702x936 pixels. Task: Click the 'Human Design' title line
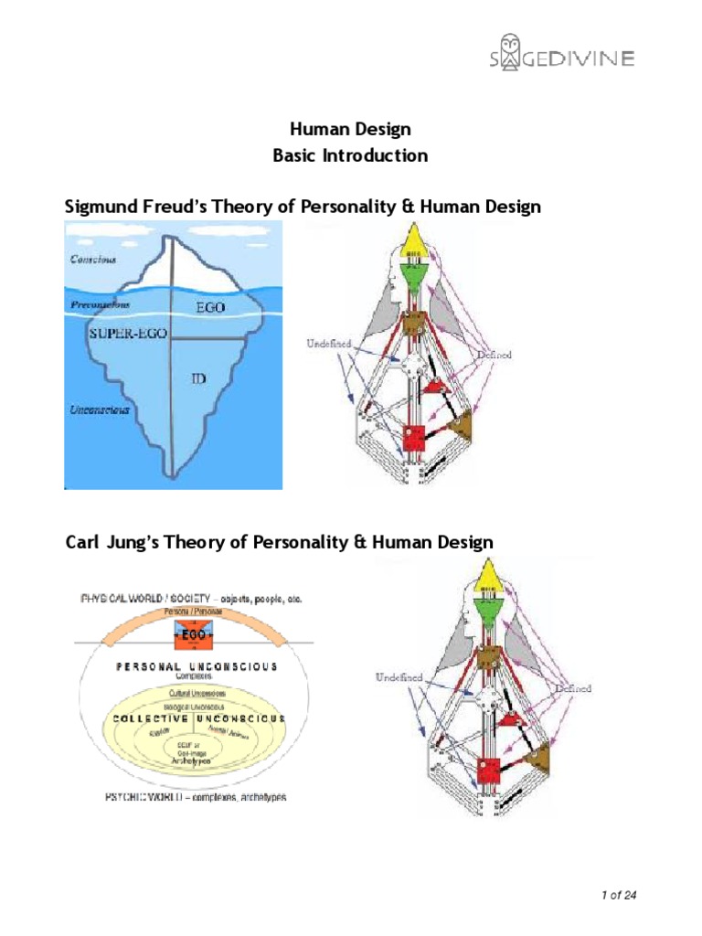click(x=350, y=130)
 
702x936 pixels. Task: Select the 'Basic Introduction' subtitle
click(x=350, y=155)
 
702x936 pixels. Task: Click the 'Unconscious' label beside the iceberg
click(x=100, y=409)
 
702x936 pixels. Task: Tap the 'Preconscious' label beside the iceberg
click(x=100, y=304)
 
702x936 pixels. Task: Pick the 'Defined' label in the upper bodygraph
click(x=492, y=355)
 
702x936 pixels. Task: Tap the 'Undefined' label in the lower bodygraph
click(x=398, y=677)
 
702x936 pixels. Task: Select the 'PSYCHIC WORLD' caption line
click(x=183, y=797)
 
